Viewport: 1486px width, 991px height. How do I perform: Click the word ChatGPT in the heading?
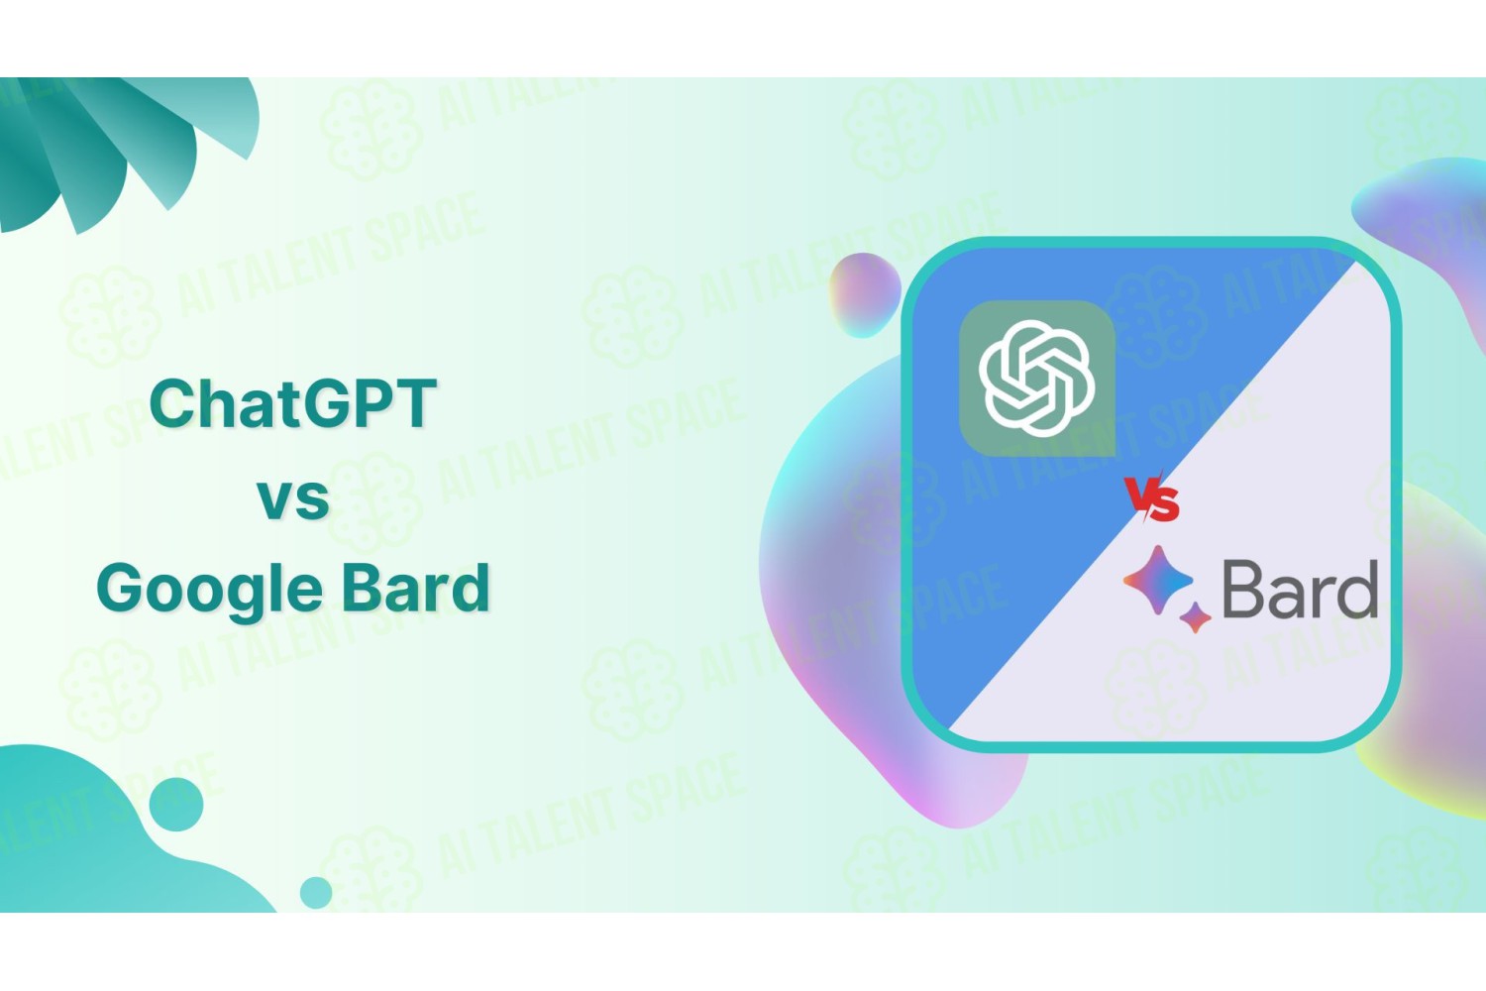point(292,403)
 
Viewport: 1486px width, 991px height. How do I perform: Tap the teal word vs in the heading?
point(293,499)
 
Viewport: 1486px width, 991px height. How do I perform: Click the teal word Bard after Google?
point(416,587)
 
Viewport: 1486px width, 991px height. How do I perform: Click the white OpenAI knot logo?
point(1037,379)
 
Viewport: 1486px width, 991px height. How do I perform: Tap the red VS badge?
point(1153,496)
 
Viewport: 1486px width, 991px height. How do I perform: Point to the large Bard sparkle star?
point(1158,580)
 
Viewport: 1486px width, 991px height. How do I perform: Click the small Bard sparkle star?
point(1196,617)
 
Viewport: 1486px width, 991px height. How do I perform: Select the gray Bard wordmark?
point(1300,590)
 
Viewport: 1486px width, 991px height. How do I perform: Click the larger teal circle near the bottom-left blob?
point(175,804)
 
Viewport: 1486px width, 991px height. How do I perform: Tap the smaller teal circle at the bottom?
point(316,892)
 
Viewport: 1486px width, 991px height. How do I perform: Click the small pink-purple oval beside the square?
point(864,294)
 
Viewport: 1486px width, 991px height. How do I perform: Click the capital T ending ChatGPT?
point(415,403)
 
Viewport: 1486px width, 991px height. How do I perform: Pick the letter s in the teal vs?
point(312,499)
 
